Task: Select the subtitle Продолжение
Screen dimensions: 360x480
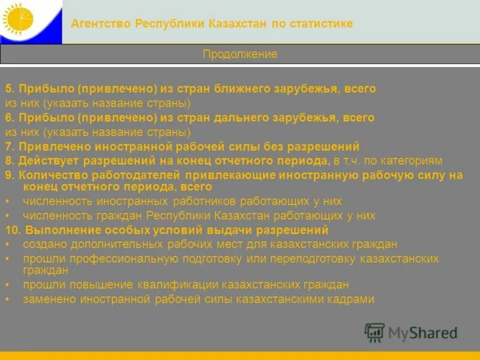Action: coord(240,54)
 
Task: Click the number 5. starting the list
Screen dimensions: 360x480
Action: coord(10,89)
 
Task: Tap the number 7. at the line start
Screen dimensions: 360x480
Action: coord(10,146)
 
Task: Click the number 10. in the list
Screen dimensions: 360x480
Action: coord(13,230)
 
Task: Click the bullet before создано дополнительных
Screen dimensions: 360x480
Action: coord(7,245)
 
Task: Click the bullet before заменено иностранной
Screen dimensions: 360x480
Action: coord(7,299)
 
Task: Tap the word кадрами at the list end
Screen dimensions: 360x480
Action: coord(350,299)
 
